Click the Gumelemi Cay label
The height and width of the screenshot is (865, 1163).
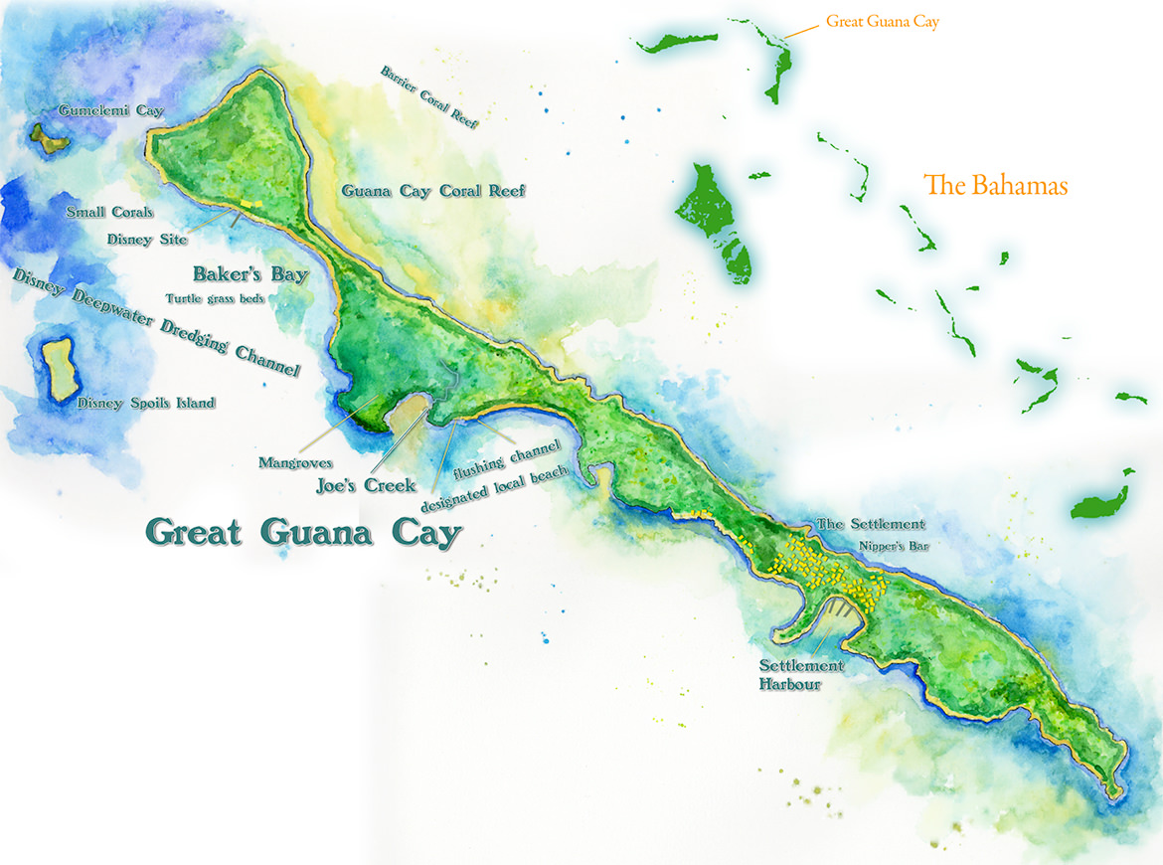(110, 111)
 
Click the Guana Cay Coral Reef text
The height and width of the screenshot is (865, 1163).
(433, 191)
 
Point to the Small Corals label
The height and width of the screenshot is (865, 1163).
(109, 212)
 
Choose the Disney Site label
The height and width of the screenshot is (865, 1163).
(147, 239)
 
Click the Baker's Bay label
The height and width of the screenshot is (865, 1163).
(249, 273)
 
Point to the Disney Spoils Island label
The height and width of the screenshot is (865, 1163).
(146, 403)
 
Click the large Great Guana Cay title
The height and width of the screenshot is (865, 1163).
(303, 532)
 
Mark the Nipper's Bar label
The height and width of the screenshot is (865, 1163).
(895, 546)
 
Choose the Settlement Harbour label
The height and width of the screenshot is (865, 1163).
(801, 674)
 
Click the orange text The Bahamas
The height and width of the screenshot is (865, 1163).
(995, 185)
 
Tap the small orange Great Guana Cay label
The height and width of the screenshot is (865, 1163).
(882, 21)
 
